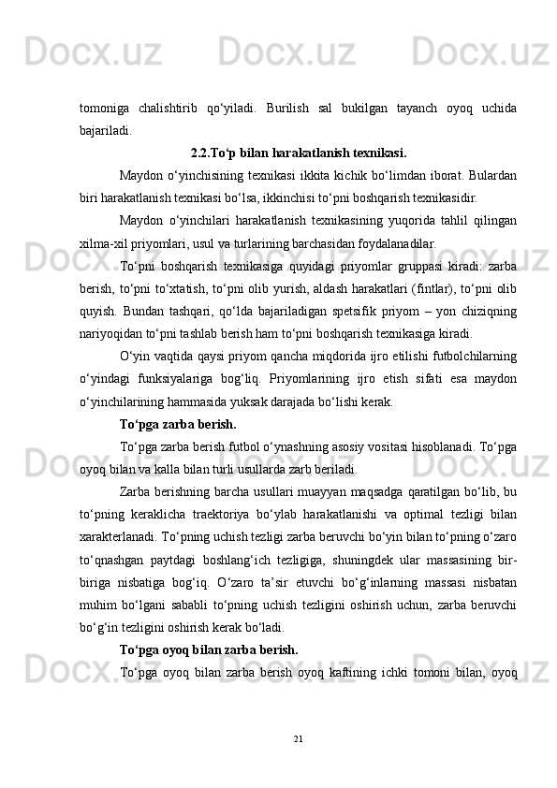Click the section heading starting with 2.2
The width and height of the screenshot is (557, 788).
coord(298,153)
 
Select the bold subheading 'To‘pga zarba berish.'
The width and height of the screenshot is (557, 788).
coord(178,423)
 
